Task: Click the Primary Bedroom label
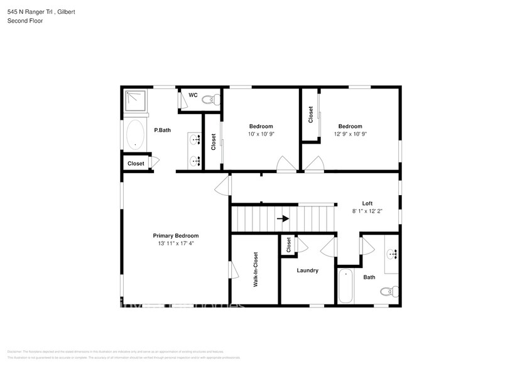click(176, 235)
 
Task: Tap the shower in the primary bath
click(136, 102)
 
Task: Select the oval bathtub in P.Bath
click(135, 134)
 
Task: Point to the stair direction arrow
click(284, 219)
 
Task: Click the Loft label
click(367, 203)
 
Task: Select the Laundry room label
click(308, 270)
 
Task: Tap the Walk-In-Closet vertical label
click(256, 270)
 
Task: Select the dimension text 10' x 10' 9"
click(261, 134)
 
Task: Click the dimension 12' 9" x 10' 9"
click(350, 134)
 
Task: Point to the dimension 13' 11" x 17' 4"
click(176, 243)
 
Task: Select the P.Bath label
click(163, 131)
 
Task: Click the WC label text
click(193, 95)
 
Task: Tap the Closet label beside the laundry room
click(288, 245)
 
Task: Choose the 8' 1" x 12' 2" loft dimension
click(367, 211)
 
